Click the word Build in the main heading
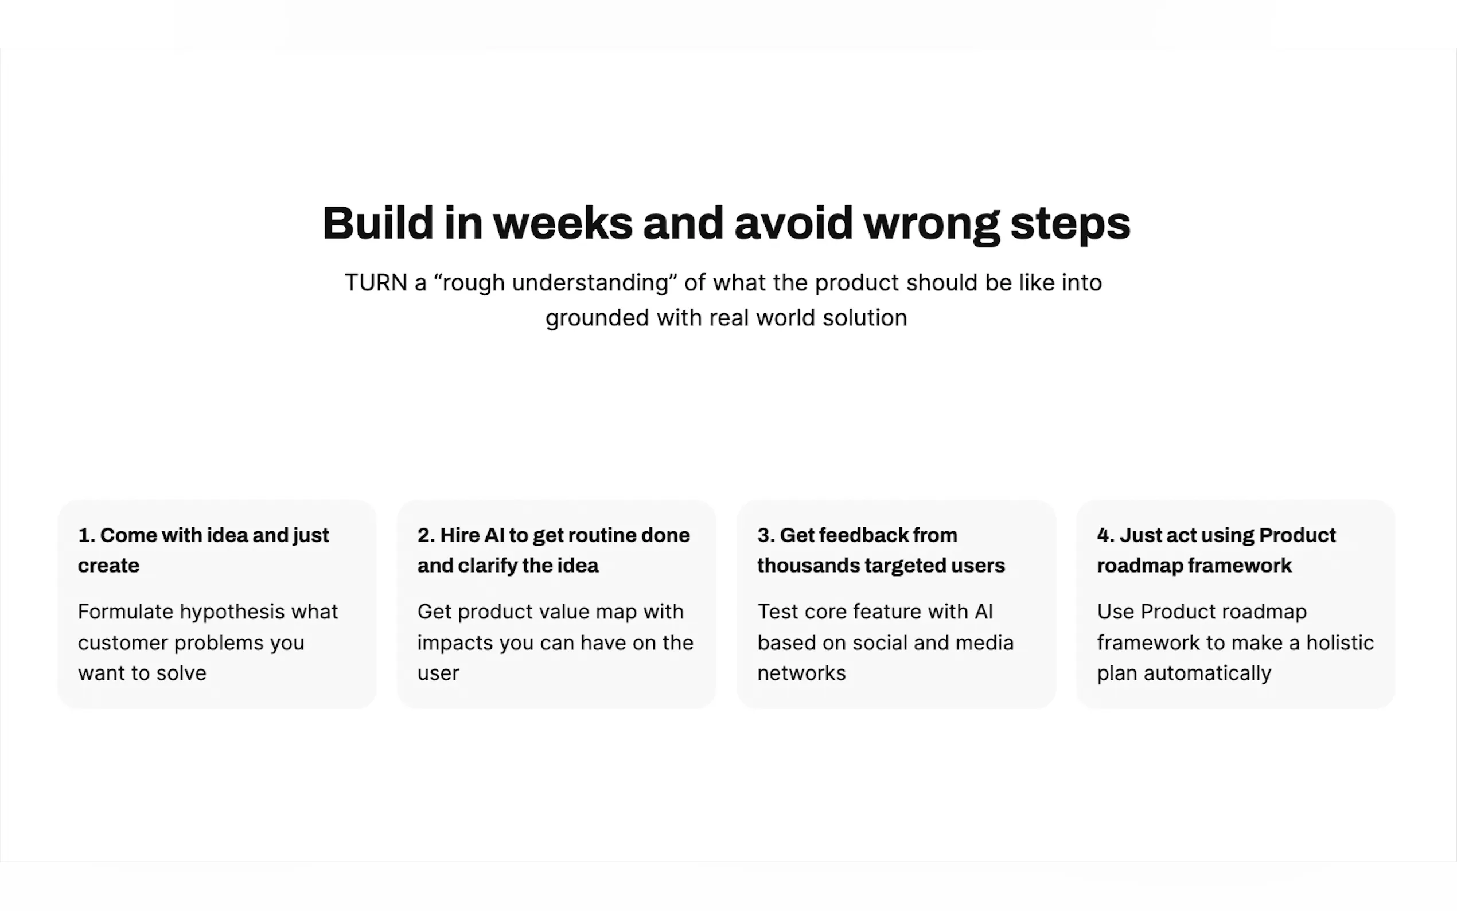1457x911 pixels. click(377, 223)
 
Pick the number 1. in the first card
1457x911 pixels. click(87, 535)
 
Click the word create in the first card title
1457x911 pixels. click(108, 566)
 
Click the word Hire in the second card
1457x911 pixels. click(458, 535)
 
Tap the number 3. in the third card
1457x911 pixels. click(766, 535)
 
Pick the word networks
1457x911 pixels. click(802, 673)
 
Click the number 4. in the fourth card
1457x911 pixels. click(1106, 535)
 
